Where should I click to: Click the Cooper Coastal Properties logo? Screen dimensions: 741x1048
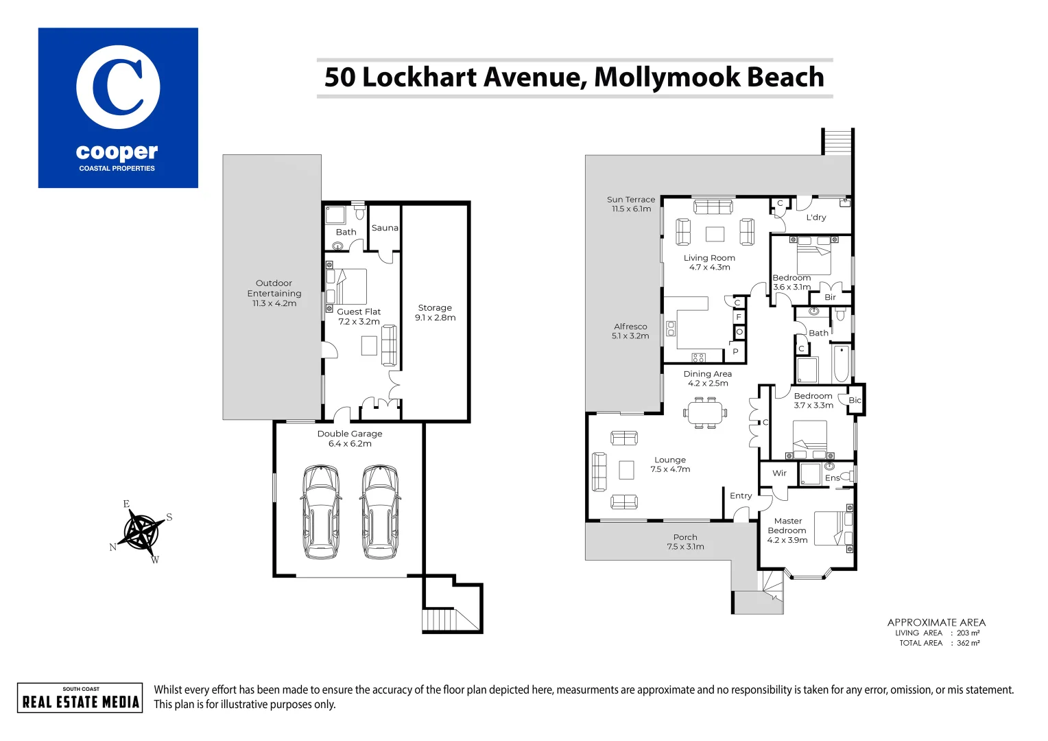click(x=118, y=108)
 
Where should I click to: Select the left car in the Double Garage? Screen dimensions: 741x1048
click(x=320, y=511)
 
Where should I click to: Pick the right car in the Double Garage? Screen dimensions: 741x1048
click(x=380, y=511)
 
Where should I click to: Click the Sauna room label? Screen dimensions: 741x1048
click(x=385, y=228)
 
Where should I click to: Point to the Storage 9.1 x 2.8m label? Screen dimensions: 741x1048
click(x=435, y=313)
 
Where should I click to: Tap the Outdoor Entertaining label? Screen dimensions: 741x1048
click(x=274, y=293)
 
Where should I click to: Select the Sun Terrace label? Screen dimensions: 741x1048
click(x=631, y=204)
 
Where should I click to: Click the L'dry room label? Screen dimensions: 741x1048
click(x=815, y=217)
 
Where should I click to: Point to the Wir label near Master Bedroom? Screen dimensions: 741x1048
click(x=779, y=473)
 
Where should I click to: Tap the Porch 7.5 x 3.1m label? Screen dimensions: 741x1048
click(x=685, y=542)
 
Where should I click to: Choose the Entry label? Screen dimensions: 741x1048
click(x=741, y=496)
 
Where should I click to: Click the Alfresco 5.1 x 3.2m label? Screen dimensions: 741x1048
click(x=630, y=331)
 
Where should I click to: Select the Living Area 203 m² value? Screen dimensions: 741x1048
click(x=968, y=633)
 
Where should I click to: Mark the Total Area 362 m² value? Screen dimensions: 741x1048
click(x=968, y=644)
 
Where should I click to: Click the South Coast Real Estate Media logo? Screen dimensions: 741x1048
click(x=80, y=698)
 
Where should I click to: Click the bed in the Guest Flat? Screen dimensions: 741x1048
click(x=350, y=286)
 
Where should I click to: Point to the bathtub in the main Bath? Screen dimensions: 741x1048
click(x=841, y=364)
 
